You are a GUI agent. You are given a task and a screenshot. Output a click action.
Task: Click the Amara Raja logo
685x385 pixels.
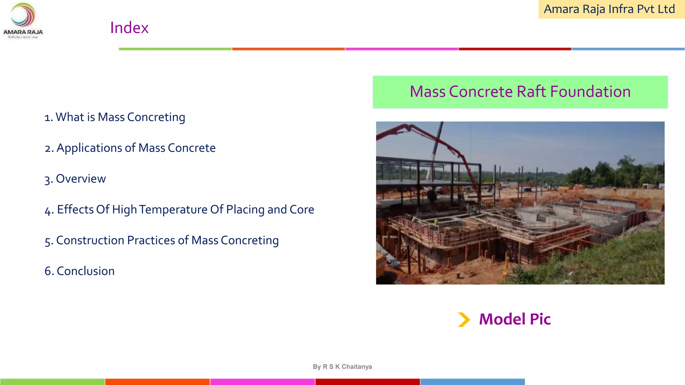(x=23, y=20)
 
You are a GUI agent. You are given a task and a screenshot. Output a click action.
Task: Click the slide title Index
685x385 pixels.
(x=129, y=28)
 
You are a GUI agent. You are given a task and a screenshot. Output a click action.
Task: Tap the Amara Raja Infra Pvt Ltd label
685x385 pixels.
(x=609, y=9)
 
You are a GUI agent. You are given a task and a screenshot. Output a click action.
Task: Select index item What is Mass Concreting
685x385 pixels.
(x=115, y=117)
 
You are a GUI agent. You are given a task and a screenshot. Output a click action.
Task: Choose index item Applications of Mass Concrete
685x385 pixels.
(x=130, y=148)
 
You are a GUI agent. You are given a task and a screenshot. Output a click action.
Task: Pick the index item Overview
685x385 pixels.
(x=75, y=179)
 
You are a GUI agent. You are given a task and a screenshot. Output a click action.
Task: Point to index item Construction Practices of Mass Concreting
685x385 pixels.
(x=162, y=240)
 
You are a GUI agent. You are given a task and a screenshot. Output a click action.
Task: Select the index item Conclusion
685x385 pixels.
(x=80, y=271)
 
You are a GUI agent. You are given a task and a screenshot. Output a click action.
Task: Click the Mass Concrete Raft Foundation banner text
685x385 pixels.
(x=520, y=92)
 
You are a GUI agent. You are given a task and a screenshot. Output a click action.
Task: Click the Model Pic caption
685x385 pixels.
(x=515, y=319)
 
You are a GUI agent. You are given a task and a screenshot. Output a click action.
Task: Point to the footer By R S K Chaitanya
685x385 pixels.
(x=342, y=367)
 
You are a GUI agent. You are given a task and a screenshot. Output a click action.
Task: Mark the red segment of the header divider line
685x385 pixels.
(x=515, y=49)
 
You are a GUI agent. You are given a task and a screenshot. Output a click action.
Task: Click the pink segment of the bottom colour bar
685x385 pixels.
(x=263, y=382)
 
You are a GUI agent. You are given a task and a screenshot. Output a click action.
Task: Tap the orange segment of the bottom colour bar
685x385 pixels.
(x=158, y=382)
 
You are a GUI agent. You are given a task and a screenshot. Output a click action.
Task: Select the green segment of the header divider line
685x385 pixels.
(x=175, y=49)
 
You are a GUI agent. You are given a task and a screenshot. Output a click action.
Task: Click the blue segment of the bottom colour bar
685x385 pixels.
(x=472, y=382)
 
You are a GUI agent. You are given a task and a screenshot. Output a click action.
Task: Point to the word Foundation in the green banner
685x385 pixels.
(x=590, y=92)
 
